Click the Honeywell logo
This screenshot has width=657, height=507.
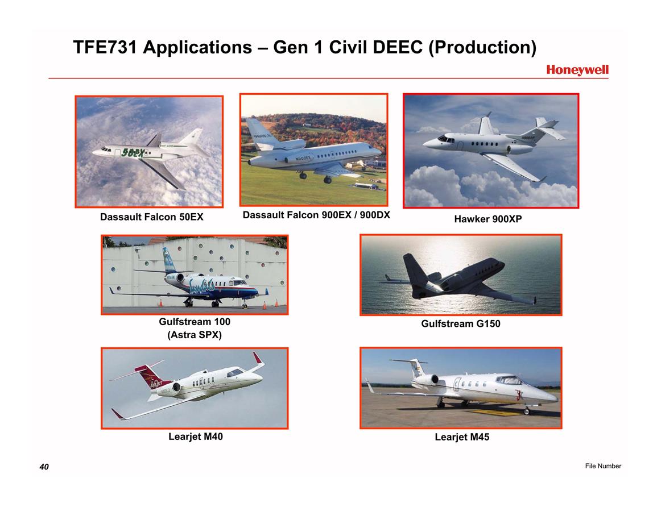tap(577, 70)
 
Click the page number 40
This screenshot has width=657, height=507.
tap(44, 467)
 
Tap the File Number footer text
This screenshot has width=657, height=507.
tap(603, 466)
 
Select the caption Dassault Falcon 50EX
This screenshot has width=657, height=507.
tap(152, 217)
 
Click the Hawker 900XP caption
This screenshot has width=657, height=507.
tap(487, 219)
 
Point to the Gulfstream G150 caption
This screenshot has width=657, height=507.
tap(461, 323)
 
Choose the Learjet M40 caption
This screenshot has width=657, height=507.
tap(196, 437)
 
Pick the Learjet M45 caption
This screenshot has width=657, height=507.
tap(462, 437)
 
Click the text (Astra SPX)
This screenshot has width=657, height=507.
tap(195, 335)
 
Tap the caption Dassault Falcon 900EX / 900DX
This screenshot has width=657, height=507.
tap(316, 215)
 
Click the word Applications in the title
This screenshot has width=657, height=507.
tap(197, 48)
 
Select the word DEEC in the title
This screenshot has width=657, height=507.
tap(397, 47)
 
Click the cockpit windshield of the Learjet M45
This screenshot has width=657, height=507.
tap(509, 380)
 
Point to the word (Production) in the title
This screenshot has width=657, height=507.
tap(482, 48)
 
